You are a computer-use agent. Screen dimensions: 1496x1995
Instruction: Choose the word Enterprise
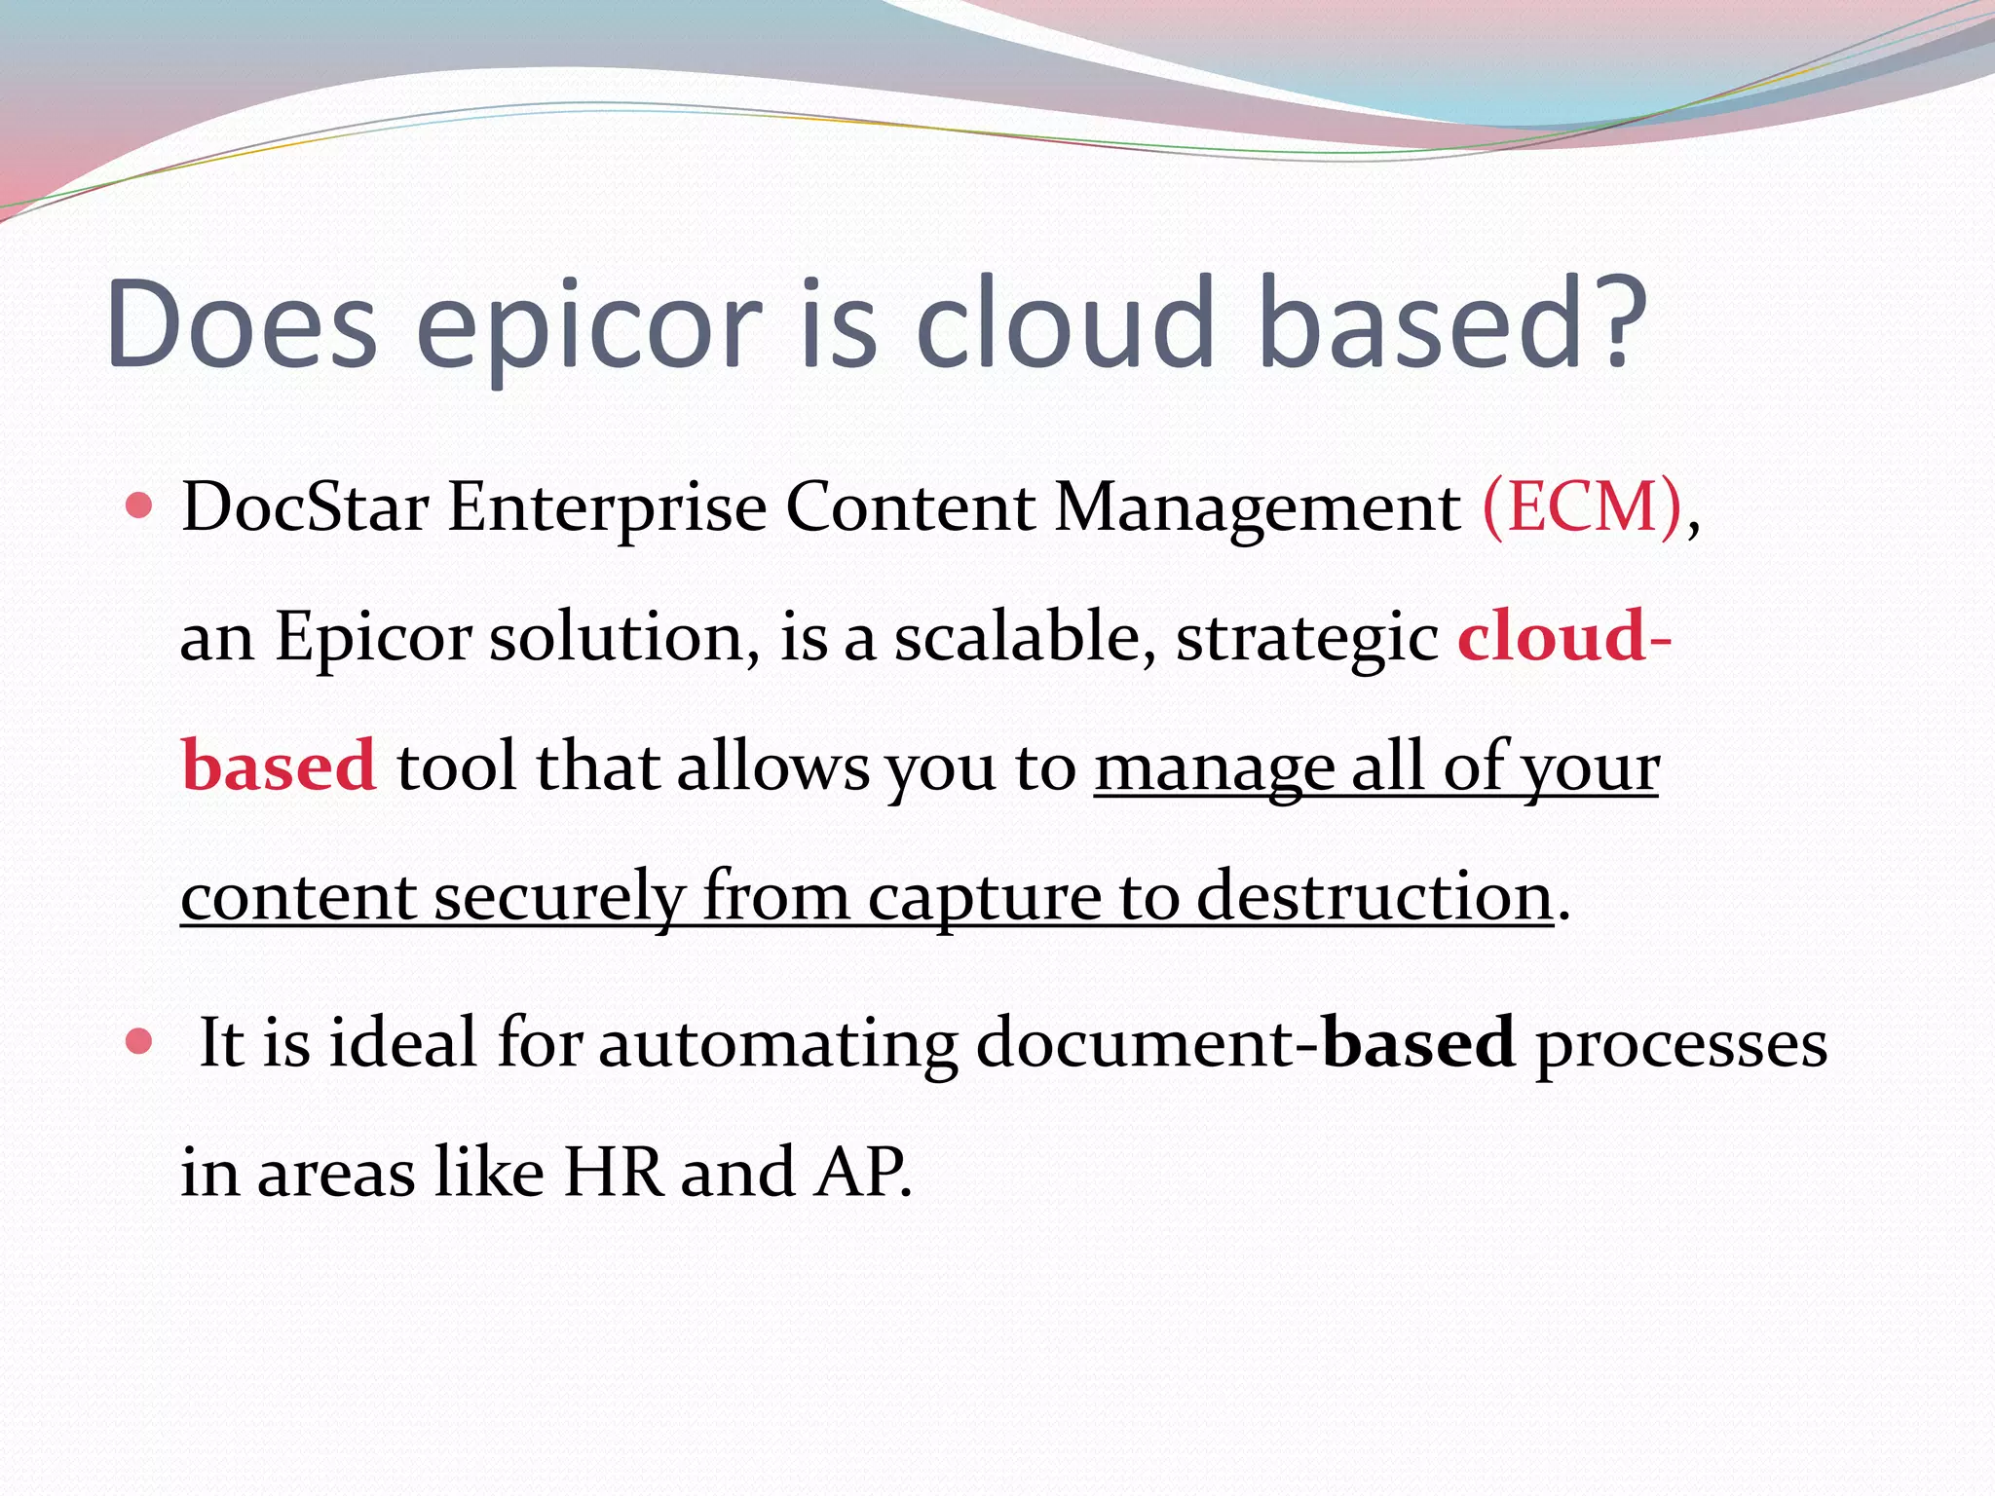(607, 508)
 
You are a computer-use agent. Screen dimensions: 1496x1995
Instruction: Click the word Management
(1258, 508)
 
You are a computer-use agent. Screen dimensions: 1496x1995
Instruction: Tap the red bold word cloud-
(1563, 636)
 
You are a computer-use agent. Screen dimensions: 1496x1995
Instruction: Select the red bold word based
(279, 766)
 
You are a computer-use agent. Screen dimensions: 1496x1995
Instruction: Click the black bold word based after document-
(1418, 1042)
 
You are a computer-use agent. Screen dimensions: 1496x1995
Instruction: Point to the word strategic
(1307, 638)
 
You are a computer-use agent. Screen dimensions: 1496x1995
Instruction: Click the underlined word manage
(1214, 767)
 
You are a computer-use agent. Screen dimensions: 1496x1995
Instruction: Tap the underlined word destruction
(1374, 895)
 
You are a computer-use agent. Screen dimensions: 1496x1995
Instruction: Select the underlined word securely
(559, 895)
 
